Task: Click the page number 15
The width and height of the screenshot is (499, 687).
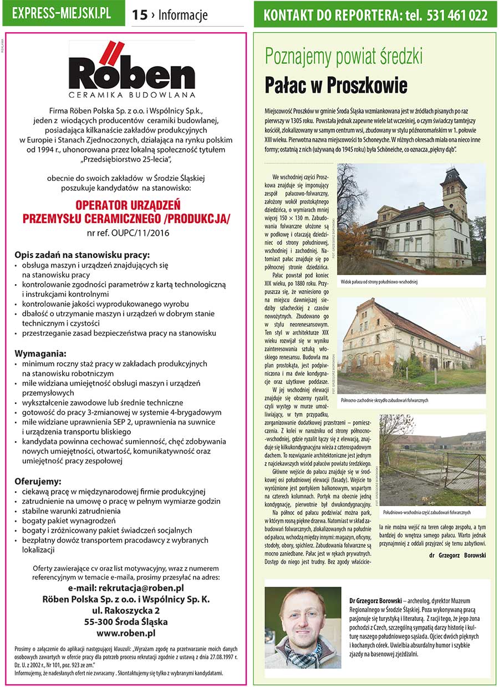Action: coord(140,15)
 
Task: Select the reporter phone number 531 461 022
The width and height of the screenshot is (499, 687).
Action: coord(457,15)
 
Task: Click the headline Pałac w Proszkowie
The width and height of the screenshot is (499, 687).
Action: coord(336,86)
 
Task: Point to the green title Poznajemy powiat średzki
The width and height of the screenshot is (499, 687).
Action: coord(344,57)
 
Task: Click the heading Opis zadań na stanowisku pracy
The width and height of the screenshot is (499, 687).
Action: coord(82,255)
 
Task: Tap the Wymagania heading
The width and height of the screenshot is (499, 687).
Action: coord(41,353)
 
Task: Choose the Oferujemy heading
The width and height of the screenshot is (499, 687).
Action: coord(38,481)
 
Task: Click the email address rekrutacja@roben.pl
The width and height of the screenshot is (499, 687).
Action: coord(126,588)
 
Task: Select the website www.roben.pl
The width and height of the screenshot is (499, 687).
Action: coord(126,633)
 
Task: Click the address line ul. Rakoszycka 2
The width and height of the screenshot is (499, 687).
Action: coord(126,610)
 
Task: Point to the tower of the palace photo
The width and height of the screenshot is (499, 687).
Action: coord(454,191)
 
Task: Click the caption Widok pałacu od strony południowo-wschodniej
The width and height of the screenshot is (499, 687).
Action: coord(379,282)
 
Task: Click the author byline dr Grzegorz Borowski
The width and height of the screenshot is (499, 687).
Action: coord(457,554)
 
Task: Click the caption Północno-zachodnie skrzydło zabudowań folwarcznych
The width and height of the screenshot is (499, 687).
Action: coord(385,400)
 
